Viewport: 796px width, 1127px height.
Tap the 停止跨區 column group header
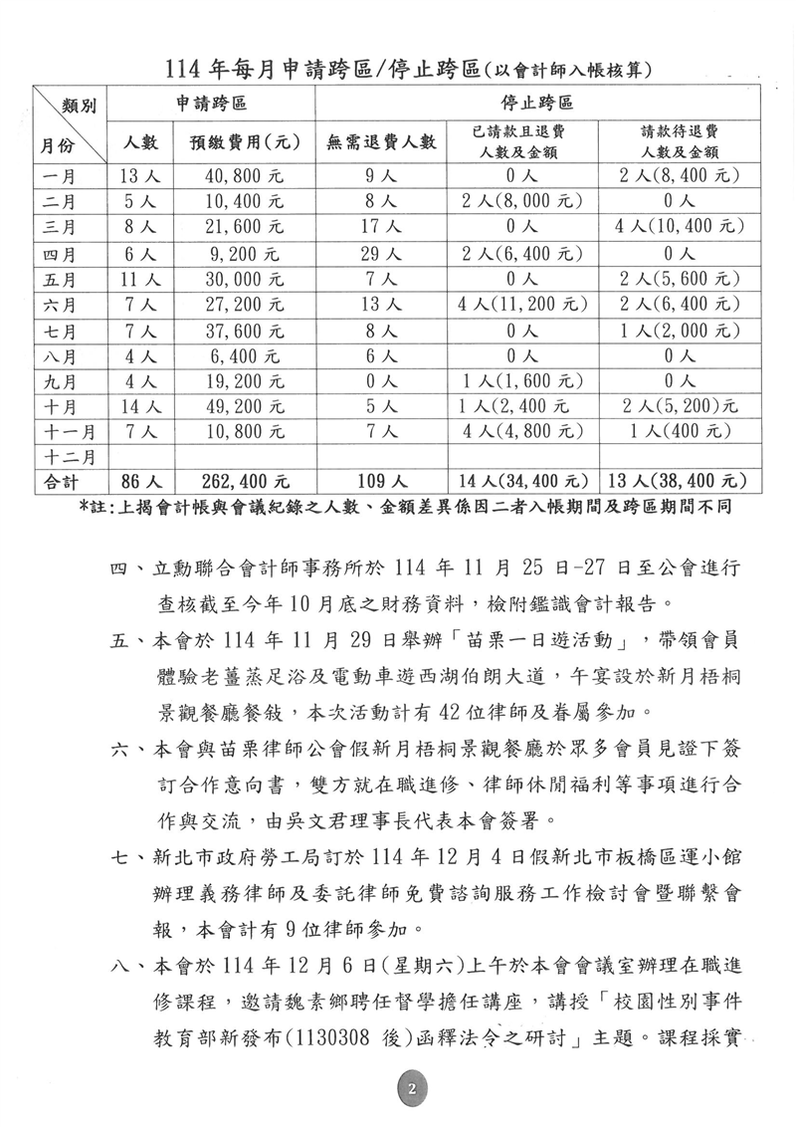click(541, 104)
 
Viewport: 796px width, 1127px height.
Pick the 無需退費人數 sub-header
click(381, 142)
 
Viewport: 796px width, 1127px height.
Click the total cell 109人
click(381, 483)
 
